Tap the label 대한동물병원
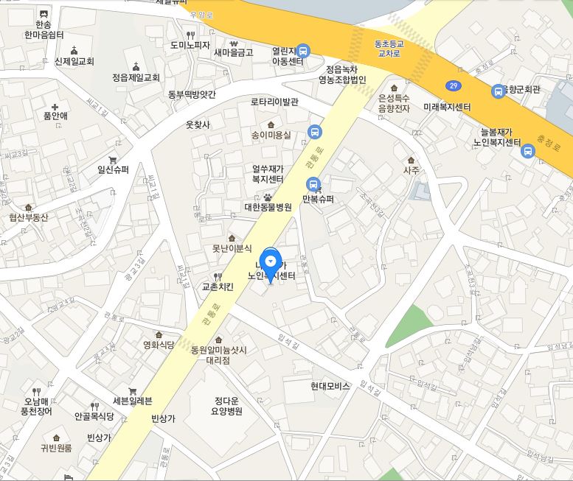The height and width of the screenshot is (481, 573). [x=268, y=207]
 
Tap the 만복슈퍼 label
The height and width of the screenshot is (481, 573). [x=318, y=199]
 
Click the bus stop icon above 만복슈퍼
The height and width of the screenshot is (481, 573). [x=313, y=184]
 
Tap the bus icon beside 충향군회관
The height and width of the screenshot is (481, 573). [x=499, y=91]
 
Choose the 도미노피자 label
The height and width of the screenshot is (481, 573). [x=190, y=45]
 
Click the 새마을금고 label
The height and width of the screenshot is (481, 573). [x=233, y=52]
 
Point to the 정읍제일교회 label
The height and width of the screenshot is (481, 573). [x=136, y=77]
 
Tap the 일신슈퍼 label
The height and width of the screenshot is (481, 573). [x=113, y=169]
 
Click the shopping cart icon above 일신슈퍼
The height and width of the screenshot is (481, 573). [x=113, y=159]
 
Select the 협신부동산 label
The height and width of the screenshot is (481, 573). [x=29, y=217]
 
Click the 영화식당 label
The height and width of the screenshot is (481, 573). [x=158, y=345]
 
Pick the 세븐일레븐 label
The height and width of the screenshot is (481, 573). [x=132, y=401]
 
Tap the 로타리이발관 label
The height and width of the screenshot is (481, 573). [x=274, y=102]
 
